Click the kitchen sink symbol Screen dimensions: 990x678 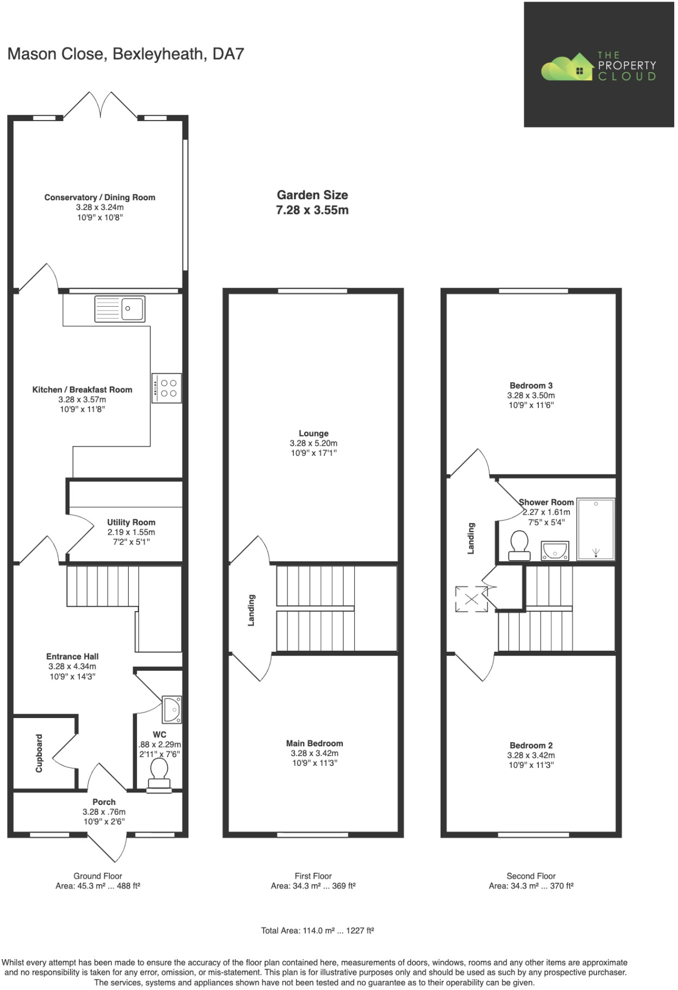pyautogui.click(x=120, y=308)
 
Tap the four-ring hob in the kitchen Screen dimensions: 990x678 pyautogui.click(x=166, y=388)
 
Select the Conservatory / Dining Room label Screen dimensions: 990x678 pyautogui.click(x=100, y=198)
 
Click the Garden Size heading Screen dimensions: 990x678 pyautogui.click(x=312, y=195)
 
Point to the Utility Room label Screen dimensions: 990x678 pyautogui.click(x=131, y=522)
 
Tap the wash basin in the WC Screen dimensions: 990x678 pyautogui.click(x=173, y=709)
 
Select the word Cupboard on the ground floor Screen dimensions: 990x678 pyautogui.click(x=39, y=753)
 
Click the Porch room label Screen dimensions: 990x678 pyautogui.click(x=104, y=802)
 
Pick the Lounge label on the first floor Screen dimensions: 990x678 pyautogui.click(x=313, y=433)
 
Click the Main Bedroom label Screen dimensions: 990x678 pyautogui.click(x=315, y=743)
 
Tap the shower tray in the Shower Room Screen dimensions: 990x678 pyautogui.click(x=595, y=529)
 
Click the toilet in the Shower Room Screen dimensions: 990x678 pyautogui.click(x=519, y=544)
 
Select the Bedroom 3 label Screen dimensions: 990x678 pyautogui.click(x=531, y=385)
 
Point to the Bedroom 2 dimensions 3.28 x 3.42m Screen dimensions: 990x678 pyautogui.click(x=531, y=755)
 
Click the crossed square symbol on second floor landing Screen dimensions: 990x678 pyautogui.click(x=471, y=599)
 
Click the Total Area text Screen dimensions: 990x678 pyautogui.click(x=317, y=930)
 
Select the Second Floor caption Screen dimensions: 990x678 pyautogui.click(x=531, y=875)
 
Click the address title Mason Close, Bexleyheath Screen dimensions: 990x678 pyautogui.click(x=125, y=54)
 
